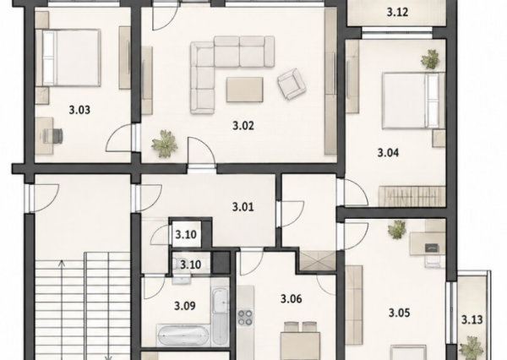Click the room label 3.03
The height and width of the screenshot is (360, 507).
79,110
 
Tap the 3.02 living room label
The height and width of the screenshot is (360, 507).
243,126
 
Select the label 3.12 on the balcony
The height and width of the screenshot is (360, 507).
397,13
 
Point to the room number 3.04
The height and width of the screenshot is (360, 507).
389,152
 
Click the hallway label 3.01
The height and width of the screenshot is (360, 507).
243,207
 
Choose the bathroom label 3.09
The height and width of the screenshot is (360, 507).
185,306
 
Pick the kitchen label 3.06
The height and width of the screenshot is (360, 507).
292,299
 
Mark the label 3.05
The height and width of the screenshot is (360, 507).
400,313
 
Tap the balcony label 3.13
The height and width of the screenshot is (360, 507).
472,320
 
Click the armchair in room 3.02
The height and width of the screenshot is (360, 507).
291,84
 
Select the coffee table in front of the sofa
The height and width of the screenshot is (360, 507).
245,90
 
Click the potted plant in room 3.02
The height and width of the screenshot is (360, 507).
165,144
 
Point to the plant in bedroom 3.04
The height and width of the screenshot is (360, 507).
430,59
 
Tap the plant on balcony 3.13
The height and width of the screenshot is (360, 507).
472,347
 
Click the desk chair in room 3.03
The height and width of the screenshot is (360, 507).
54,135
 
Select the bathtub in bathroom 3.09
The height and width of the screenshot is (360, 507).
183,335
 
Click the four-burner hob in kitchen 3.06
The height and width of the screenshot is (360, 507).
245,317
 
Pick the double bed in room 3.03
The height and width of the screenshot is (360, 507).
68,58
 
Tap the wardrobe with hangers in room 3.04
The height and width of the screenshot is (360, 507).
412,196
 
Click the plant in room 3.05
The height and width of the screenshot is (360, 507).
397,230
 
